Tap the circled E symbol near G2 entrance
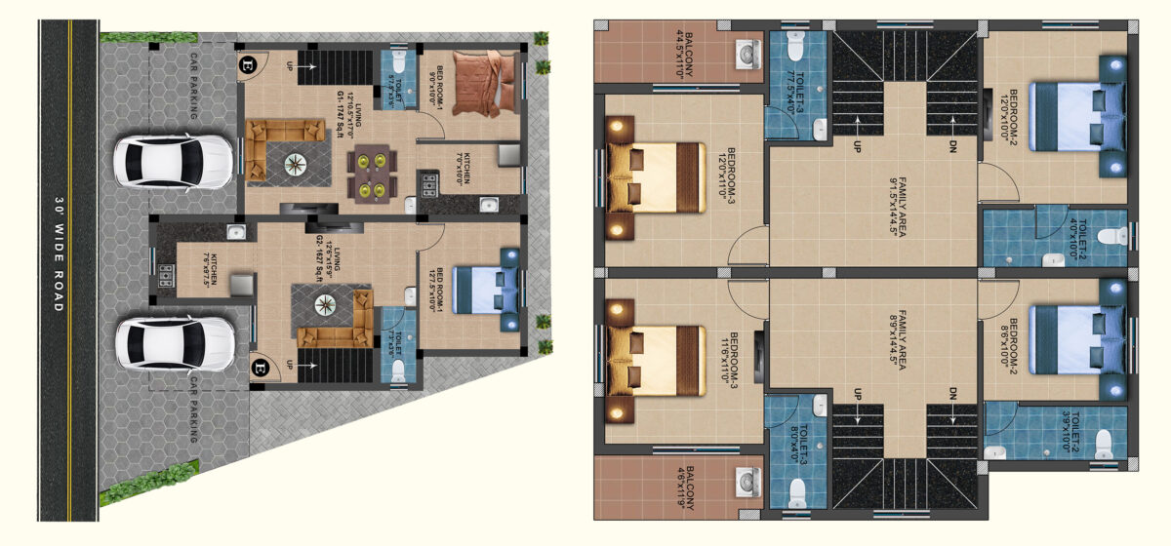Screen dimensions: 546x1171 click(287, 369)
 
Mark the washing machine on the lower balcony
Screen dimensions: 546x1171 click(747, 481)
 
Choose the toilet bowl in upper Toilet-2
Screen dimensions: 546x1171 click(1106, 235)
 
